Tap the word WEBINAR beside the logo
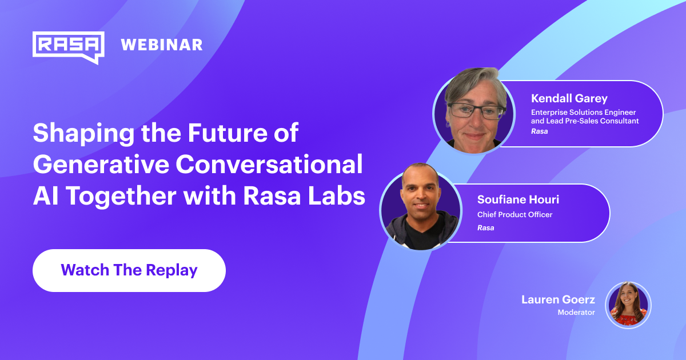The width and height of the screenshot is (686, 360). click(x=162, y=45)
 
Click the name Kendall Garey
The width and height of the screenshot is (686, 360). click(x=569, y=99)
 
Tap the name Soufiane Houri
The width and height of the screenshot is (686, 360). click(x=519, y=200)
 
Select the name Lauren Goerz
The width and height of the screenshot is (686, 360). click(x=558, y=299)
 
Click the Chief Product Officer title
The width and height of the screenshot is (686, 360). click(x=514, y=215)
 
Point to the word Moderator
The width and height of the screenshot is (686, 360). click(x=576, y=313)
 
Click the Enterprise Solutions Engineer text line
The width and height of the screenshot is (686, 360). click(x=583, y=112)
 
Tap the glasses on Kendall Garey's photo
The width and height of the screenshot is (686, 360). click(x=476, y=110)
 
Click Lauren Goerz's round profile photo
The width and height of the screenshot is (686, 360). click(x=628, y=305)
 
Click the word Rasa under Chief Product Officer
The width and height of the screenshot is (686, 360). click(x=485, y=227)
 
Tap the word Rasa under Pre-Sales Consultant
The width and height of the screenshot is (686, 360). click(x=539, y=131)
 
